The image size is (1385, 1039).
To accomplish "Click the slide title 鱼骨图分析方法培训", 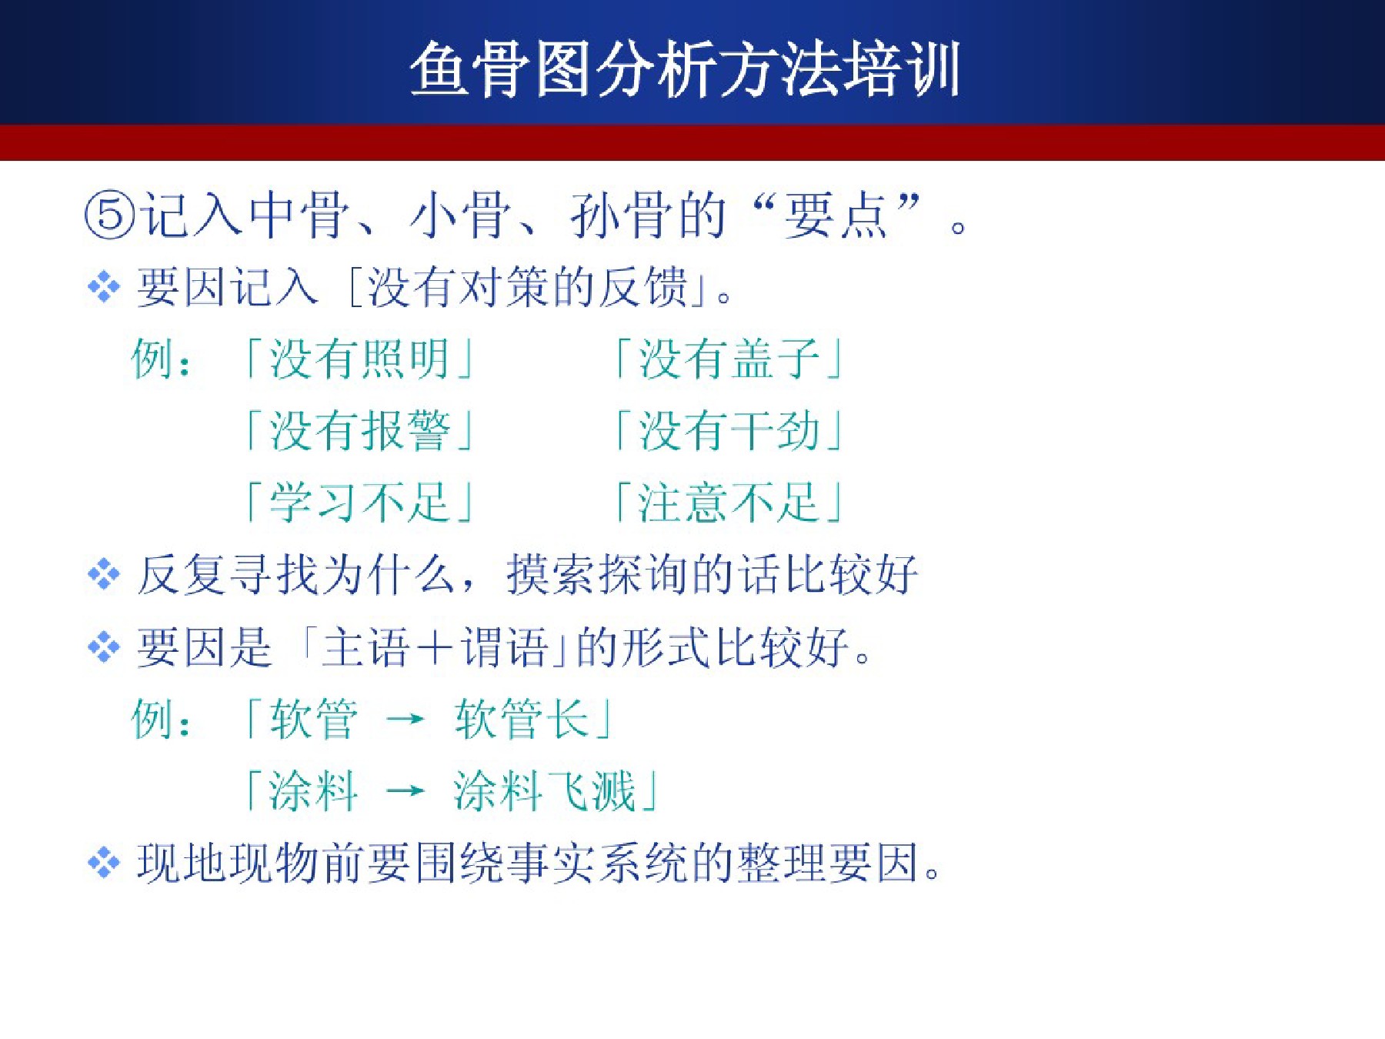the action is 685,69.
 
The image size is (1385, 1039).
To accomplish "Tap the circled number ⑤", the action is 109,215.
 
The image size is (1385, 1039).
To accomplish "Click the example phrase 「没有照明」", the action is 359,359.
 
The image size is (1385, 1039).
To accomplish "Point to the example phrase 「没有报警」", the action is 359,430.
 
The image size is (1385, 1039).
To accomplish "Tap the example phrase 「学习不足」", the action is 359,502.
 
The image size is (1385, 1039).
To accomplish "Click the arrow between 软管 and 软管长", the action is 405,720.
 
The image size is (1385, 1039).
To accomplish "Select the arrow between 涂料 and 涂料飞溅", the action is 405,790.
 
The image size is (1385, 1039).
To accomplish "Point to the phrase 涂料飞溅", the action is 545,790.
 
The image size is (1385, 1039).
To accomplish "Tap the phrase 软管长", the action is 522,719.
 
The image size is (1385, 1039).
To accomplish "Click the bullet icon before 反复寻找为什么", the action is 104,574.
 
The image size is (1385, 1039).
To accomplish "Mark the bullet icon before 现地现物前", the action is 104,862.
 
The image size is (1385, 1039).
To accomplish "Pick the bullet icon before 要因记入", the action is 104,288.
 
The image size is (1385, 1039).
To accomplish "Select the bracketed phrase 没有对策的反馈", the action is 528,287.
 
